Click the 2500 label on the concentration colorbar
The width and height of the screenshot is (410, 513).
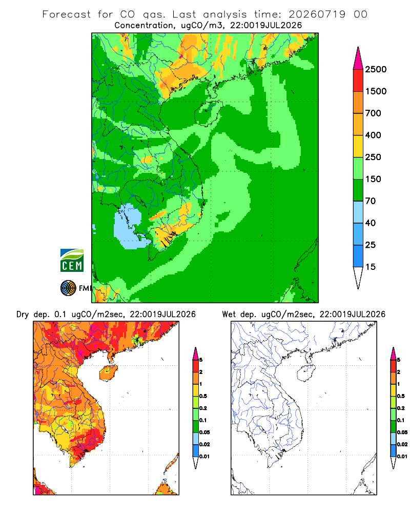[376, 69]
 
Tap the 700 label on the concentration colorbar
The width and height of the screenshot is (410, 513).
[373, 113]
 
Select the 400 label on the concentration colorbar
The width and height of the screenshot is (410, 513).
[373, 135]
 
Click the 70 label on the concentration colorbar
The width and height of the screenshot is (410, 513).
[371, 201]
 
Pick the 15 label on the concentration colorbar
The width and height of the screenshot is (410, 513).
[371, 267]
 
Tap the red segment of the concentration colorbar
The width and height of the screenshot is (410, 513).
[358, 81]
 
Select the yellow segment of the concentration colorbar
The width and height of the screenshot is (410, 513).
[358, 146]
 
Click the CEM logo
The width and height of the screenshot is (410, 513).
[72, 261]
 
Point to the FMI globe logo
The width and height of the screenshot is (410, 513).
[68, 288]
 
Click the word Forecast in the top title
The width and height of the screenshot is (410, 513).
[67, 14]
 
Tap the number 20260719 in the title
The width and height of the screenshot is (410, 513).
[317, 14]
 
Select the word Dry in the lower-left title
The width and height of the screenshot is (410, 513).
[23, 314]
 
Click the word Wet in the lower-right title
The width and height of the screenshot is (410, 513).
[229, 314]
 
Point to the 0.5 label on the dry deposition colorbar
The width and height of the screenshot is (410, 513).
[203, 396]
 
